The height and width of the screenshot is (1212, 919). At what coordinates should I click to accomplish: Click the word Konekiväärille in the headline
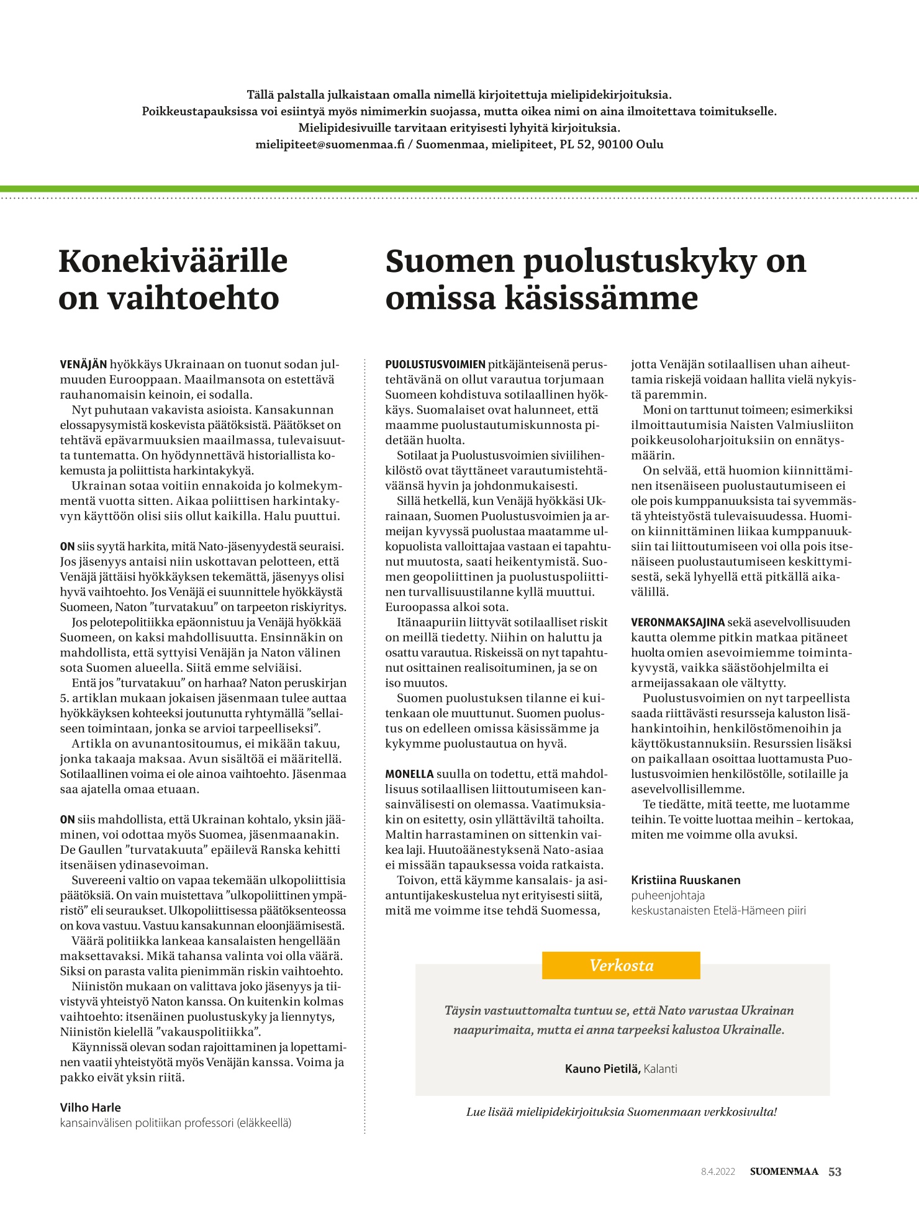(173, 261)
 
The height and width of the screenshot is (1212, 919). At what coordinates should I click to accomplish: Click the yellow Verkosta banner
(621, 965)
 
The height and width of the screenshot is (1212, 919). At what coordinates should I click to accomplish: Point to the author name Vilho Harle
(91, 1107)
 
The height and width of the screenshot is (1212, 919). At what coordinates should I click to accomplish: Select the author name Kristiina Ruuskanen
(686, 880)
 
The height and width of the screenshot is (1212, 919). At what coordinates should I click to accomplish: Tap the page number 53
(835, 1172)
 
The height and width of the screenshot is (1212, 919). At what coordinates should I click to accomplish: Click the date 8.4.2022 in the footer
(718, 1172)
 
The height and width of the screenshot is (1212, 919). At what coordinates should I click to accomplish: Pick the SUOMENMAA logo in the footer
(784, 1172)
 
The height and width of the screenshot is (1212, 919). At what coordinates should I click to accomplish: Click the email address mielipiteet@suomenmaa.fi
(330, 145)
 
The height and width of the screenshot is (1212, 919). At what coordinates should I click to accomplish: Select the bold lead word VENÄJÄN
(83, 364)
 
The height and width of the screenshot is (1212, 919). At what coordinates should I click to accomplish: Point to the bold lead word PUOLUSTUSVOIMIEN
(435, 364)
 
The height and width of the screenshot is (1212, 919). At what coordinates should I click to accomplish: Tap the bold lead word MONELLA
(409, 774)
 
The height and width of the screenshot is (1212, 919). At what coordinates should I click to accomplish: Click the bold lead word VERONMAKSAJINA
(677, 622)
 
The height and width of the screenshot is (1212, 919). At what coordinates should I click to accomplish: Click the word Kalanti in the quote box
(661, 1069)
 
